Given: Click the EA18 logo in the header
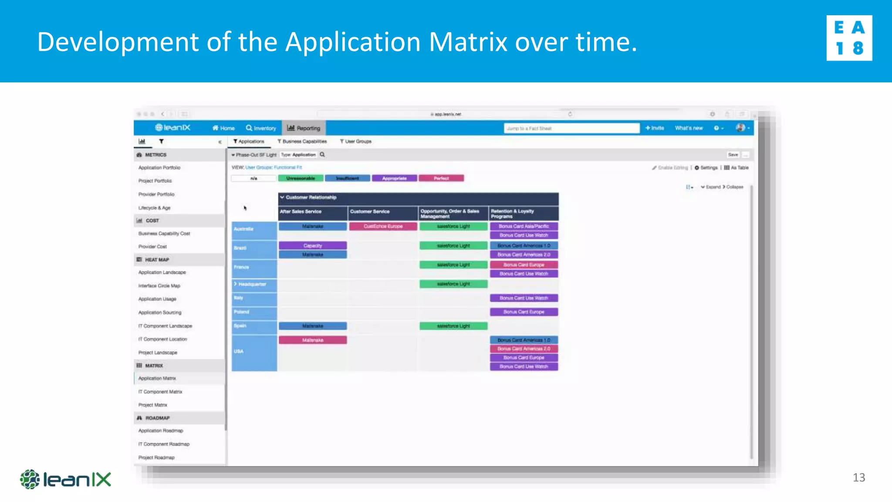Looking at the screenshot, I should tap(849, 38).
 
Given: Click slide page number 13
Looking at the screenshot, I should tap(858, 478).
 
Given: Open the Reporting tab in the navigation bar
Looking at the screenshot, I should tap(304, 128).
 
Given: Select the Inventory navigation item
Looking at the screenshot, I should tap(261, 128).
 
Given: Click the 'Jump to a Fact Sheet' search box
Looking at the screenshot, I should tap(571, 128).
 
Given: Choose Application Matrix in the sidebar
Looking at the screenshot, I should tap(157, 378).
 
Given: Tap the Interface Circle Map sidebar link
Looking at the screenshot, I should tap(159, 286).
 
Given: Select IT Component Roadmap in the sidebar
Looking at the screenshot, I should tap(164, 444).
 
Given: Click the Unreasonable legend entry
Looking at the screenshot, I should tap(301, 178).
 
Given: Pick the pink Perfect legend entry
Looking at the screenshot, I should tap(441, 178).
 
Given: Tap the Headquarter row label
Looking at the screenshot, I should tap(252, 284).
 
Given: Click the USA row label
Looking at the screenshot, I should tap(239, 351).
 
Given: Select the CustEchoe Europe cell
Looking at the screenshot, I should tap(383, 227).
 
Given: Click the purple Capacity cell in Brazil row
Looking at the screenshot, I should tap(313, 246).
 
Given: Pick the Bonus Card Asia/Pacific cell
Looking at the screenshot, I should tap(524, 227).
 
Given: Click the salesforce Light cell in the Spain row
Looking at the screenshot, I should tap(453, 326).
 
